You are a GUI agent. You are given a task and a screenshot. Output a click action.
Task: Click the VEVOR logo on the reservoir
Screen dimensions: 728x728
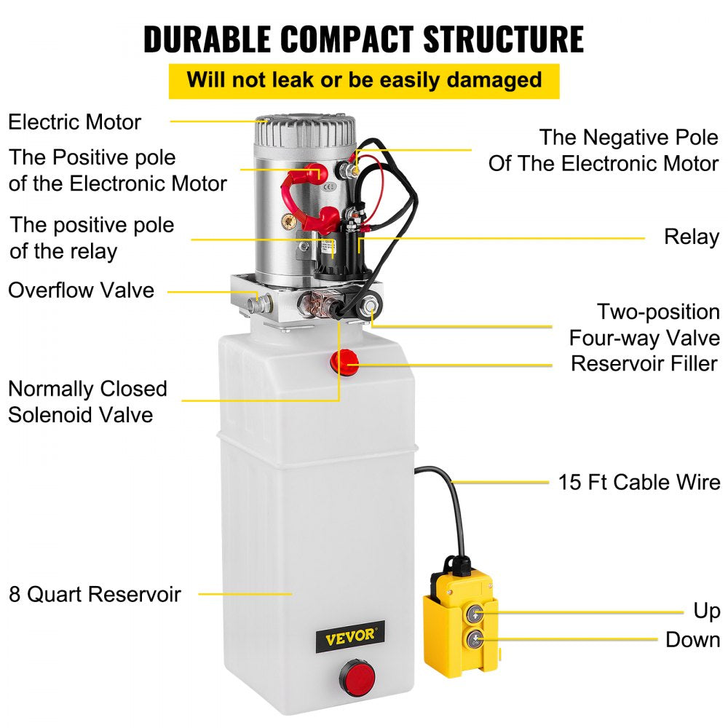coord(349,634)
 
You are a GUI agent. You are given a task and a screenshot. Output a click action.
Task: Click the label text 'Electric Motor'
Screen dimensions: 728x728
coord(74,122)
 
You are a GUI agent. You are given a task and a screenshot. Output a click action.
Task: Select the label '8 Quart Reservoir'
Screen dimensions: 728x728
coord(95,594)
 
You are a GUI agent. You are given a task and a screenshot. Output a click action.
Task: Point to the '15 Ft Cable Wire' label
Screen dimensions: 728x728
coord(639,482)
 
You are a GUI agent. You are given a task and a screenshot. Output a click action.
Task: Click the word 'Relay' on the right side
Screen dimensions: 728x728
coord(691,237)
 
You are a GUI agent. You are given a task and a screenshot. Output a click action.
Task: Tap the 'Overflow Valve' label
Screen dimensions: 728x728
coord(82,290)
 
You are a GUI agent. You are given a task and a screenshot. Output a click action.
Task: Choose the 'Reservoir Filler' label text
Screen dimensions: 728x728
coord(644,363)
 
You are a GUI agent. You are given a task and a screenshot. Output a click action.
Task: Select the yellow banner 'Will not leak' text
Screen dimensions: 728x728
coord(364,79)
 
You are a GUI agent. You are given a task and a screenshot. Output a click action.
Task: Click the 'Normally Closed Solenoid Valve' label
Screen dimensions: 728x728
coord(87,402)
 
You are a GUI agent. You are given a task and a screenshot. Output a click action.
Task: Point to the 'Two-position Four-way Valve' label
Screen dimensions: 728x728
coord(644,325)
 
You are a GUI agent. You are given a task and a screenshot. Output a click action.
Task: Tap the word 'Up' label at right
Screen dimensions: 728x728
coord(705,611)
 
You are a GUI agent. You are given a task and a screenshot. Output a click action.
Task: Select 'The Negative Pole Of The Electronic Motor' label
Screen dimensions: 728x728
coord(604,150)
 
